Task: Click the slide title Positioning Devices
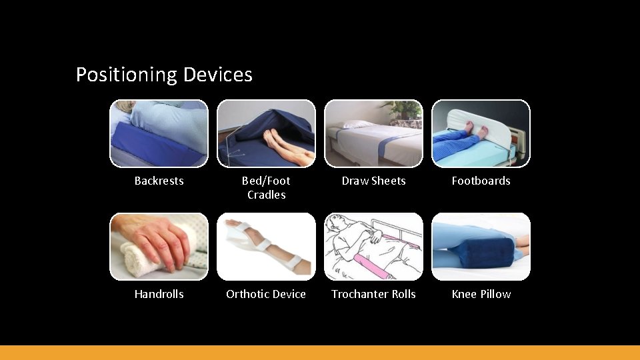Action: (164, 74)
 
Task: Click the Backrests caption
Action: (159, 181)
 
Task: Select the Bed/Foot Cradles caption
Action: (266, 187)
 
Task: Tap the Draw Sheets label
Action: (373, 181)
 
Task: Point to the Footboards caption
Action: (481, 181)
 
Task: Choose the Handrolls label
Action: (159, 294)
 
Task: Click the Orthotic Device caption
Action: (266, 294)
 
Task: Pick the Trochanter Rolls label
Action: (373, 294)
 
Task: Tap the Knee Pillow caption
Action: (481, 294)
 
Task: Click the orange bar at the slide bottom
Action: (320, 352)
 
